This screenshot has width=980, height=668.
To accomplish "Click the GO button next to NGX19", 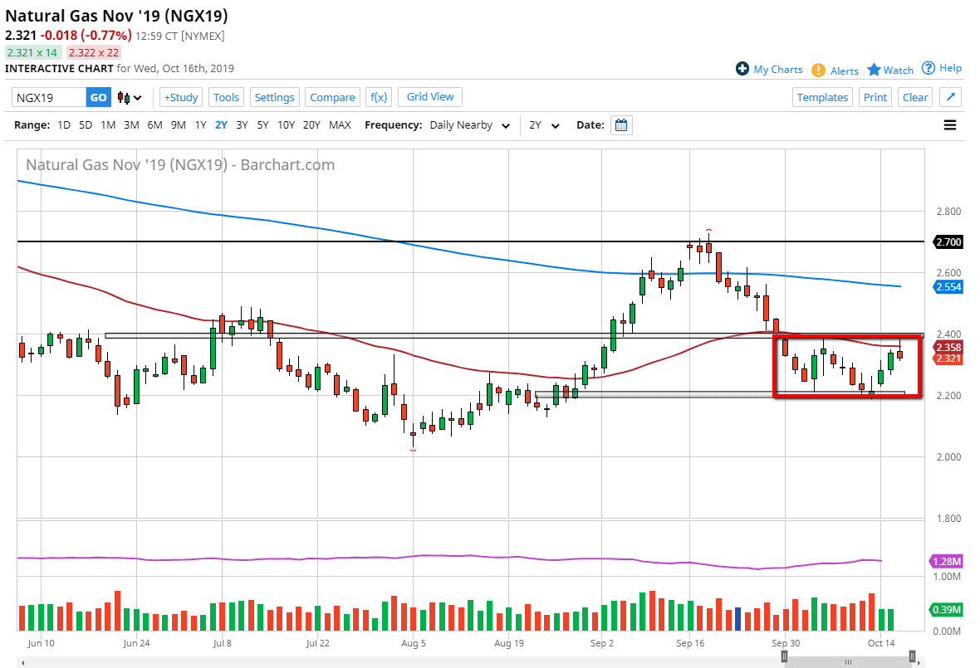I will point(98,97).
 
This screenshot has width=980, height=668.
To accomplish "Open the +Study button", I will point(180,97).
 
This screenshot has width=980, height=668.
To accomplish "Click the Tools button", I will point(226,97).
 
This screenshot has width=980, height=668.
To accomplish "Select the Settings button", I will point(274,97).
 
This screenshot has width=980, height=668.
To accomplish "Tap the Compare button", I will point(332,97).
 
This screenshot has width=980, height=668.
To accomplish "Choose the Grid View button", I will point(430,97).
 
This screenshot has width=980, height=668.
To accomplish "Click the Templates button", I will point(822,97).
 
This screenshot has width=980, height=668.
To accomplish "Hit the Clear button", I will point(914,97).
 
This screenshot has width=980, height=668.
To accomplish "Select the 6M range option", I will point(154,125).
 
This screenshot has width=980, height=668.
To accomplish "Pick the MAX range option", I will point(340,125).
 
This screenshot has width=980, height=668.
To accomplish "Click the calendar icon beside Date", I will point(621,125).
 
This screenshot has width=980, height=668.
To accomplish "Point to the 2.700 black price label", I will point(948,241).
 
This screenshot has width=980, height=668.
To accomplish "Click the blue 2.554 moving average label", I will point(948,286).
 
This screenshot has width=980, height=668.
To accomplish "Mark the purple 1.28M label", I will point(947,562).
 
